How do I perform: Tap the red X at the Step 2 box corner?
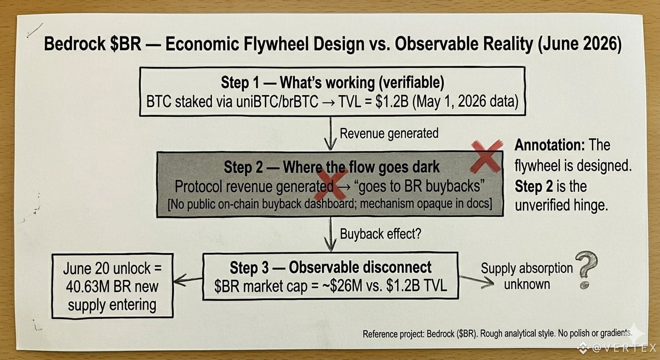(x=487, y=156)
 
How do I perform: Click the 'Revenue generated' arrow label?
(x=389, y=134)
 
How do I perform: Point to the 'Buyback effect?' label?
(x=380, y=234)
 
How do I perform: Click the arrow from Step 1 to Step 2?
(x=330, y=134)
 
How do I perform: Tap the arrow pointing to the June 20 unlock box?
(x=188, y=279)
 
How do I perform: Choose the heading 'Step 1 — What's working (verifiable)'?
(x=332, y=82)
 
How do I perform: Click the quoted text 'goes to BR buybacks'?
(x=421, y=186)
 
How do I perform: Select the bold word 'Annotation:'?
(x=550, y=145)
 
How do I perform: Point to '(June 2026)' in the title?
(x=579, y=44)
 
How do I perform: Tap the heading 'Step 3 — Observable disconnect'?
(x=330, y=268)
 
